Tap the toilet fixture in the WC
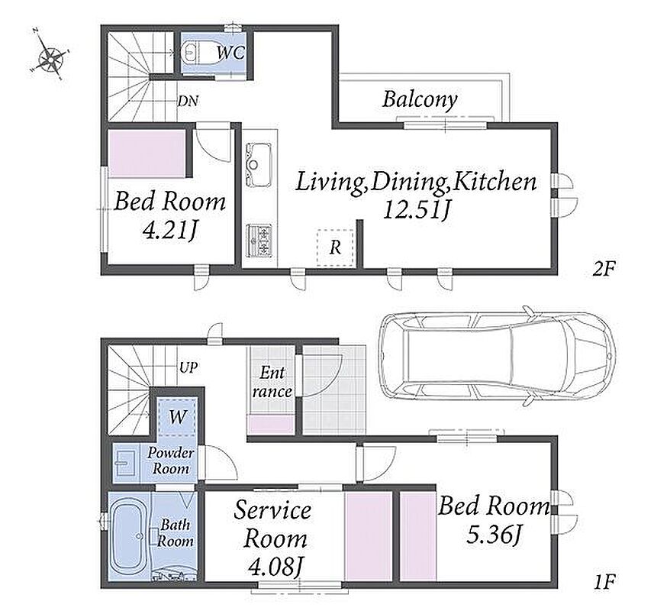click(199, 53)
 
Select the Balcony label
click(420, 100)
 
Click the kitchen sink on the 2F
click(259, 164)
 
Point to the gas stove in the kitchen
click(259, 241)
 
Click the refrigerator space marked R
click(335, 247)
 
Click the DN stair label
click(188, 101)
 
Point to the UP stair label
click(188, 367)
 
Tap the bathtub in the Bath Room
click(129, 535)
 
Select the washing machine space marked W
click(178, 417)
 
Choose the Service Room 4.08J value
click(275, 567)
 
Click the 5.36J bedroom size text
click(495, 535)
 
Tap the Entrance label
click(272, 381)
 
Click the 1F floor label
click(604, 581)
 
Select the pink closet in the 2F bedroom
click(147, 153)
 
